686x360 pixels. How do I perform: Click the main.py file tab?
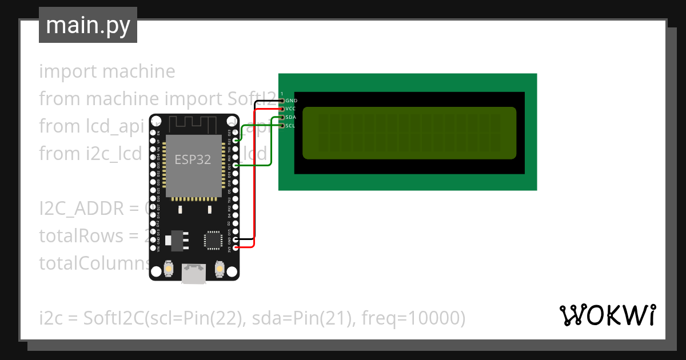(88, 25)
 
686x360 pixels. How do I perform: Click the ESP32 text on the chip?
(193, 160)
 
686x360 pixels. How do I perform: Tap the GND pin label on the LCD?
(291, 101)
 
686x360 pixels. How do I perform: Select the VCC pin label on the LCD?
(291, 109)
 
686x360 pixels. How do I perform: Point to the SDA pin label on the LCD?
(291, 117)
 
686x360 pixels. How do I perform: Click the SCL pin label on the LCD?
(290, 126)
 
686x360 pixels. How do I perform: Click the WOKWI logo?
(607, 315)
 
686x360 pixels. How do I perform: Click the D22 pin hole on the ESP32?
(236, 141)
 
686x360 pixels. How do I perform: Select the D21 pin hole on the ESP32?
(236, 165)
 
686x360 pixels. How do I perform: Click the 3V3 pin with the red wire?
(236, 247)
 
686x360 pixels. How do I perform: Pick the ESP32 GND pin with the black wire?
(236, 239)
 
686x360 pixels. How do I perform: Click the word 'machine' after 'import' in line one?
(139, 71)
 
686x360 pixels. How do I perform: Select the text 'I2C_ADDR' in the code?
(81, 209)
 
